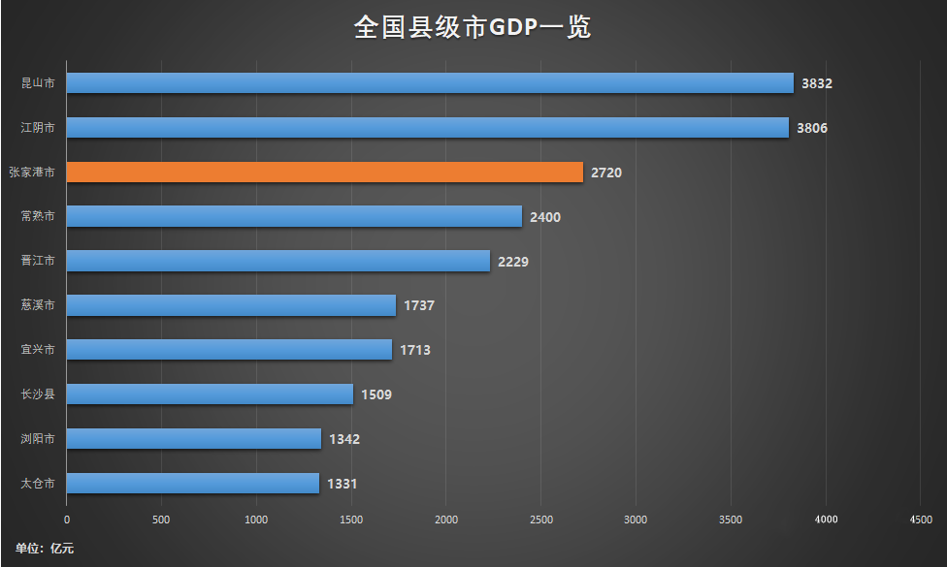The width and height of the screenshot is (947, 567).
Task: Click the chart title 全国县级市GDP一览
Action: (473, 27)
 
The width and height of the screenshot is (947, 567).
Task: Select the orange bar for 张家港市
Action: (324, 173)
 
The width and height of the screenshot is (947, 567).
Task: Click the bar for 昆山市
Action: (430, 83)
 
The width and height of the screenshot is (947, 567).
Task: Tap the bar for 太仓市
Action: (192, 483)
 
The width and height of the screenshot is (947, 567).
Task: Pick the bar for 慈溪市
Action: (231, 305)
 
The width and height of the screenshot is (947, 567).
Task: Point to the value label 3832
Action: (816, 84)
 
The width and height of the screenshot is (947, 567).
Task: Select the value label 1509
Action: (376, 395)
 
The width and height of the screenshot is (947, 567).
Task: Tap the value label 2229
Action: (512, 262)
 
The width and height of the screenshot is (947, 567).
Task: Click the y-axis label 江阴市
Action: (38, 128)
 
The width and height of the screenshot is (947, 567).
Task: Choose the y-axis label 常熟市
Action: (38, 216)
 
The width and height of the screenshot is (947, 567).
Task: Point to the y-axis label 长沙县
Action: (38, 394)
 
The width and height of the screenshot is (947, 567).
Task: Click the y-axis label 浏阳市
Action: (38, 439)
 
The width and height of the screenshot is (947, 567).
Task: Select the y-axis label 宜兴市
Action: (38, 350)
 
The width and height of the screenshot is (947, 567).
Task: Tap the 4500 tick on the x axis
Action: (920, 520)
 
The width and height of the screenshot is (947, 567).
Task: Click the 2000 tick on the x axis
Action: (445, 520)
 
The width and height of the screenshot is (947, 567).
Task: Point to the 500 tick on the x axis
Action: (161, 520)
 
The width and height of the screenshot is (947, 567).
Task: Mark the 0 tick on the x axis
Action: (67, 520)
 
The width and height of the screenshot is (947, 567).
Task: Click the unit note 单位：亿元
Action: (45, 549)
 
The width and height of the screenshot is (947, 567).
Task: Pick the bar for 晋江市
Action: (278, 261)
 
